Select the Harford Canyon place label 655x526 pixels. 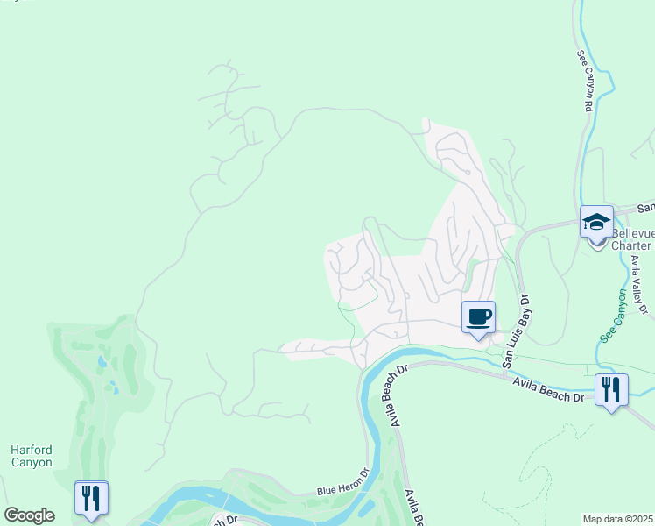[x=32, y=456]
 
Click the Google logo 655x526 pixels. [x=29, y=515]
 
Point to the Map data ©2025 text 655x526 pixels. [x=618, y=519]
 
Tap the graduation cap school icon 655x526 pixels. [x=596, y=222]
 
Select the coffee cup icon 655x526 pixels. [x=478, y=316]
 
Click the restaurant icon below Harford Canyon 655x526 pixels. [x=91, y=497]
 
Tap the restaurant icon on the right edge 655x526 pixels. [x=611, y=388]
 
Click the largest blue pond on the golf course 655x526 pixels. [x=103, y=361]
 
